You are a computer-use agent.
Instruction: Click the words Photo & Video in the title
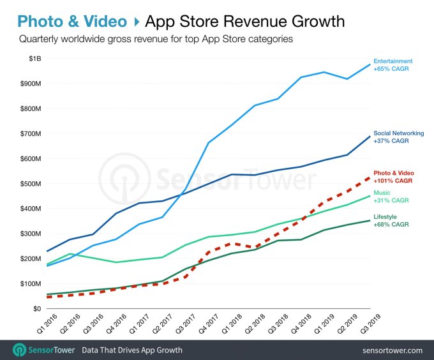pyautogui.click(x=72, y=22)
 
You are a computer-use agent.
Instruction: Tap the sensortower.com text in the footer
pyautogui.click(x=392, y=350)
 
